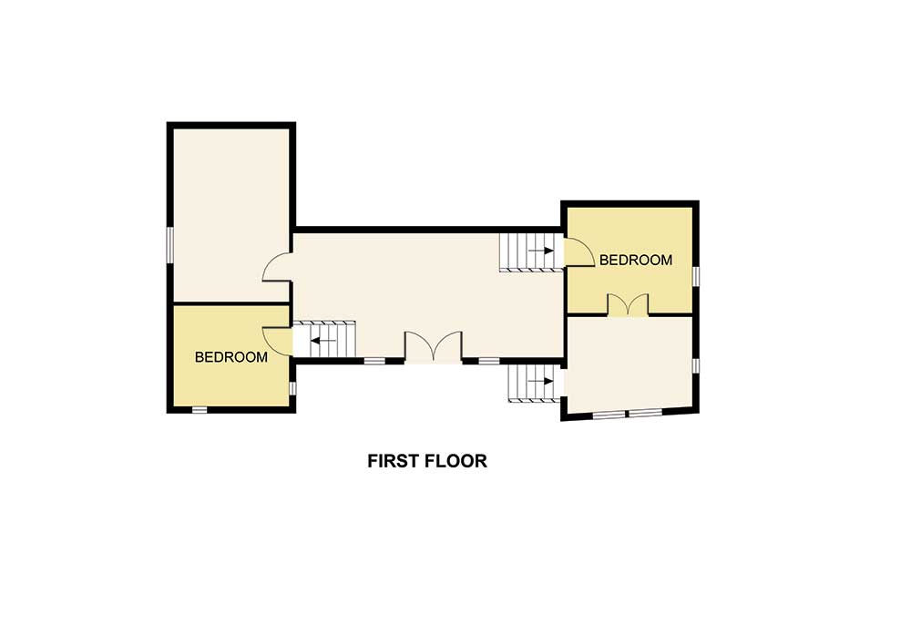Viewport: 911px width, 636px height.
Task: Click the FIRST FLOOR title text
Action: tap(427, 461)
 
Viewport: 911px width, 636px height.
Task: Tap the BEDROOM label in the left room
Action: tap(231, 357)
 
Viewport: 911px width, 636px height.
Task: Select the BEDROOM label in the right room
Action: tap(635, 260)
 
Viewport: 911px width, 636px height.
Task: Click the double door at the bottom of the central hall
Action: tap(434, 348)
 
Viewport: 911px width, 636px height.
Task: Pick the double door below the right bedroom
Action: tap(628, 305)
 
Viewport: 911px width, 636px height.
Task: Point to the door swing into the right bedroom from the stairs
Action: tap(577, 251)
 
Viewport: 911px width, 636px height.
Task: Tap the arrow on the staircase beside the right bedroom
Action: tap(546, 251)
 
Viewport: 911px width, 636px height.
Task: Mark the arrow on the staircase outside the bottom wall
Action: tap(546, 381)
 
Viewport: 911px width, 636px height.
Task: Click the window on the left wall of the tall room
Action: tap(169, 244)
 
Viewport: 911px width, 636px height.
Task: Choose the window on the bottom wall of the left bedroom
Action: tap(200, 409)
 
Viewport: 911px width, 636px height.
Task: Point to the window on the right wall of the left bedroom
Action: tap(292, 388)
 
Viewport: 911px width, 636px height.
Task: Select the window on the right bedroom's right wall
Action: tap(695, 275)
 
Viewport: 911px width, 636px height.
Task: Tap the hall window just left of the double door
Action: tap(374, 361)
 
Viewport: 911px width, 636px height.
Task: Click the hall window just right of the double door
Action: tap(489, 361)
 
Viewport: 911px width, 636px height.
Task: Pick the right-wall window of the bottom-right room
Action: tap(695, 365)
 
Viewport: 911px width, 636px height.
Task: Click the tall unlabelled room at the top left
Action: tap(230, 214)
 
